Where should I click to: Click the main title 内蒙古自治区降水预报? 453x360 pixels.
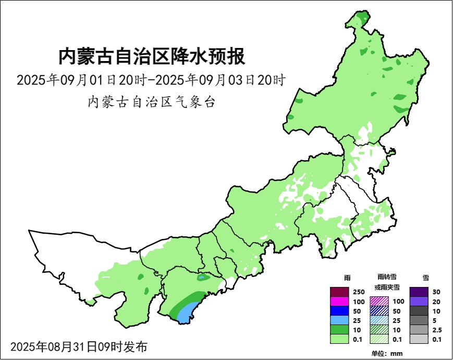[x=151, y=56]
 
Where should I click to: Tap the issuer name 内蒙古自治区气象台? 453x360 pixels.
[x=151, y=102]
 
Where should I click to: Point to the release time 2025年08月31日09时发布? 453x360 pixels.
[x=79, y=346]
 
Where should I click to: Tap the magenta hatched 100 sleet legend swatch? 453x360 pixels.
[x=379, y=301]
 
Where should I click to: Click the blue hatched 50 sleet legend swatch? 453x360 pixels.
[x=379, y=310]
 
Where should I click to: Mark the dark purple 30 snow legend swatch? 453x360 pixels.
[x=419, y=292]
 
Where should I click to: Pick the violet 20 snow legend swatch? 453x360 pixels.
[x=419, y=301]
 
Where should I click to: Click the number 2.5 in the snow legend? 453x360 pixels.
[x=437, y=330]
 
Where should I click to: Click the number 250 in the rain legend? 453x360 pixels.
[x=359, y=292]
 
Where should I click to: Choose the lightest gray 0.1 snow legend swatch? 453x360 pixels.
[x=419, y=339]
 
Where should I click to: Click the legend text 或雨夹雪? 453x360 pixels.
[x=386, y=287]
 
